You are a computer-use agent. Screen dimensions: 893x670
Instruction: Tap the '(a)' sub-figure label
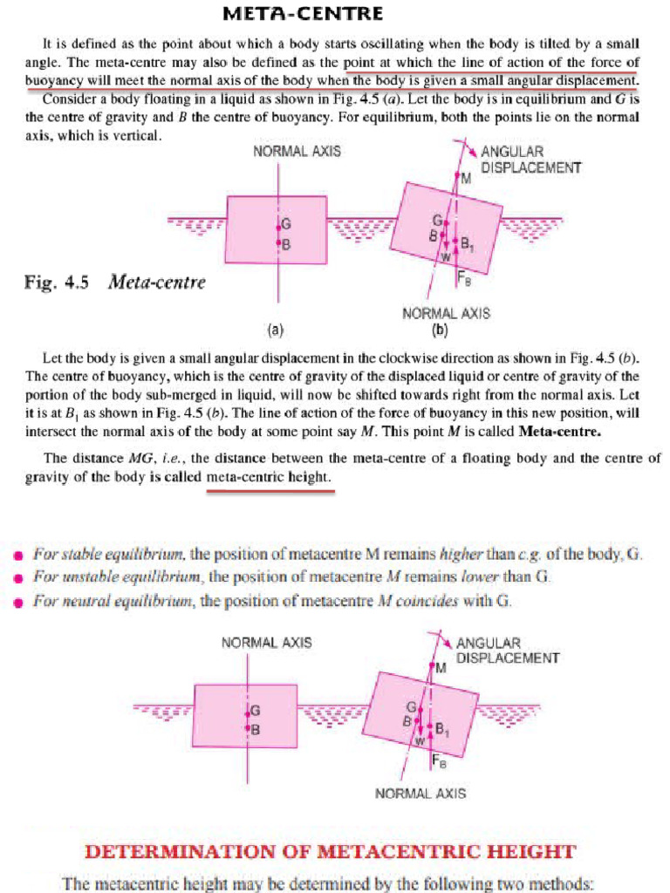point(276,331)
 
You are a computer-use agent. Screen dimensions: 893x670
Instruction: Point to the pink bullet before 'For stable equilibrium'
point(17,555)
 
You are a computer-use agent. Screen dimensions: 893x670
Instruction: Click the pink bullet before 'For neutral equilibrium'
point(17,601)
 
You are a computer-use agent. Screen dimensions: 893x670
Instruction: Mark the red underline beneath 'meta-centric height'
point(270,490)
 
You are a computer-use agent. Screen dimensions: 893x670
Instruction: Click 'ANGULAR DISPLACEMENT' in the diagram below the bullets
point(506,651)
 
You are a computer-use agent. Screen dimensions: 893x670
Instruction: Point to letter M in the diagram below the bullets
point(440,668)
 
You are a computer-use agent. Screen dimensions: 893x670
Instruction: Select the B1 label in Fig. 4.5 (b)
point(467,243)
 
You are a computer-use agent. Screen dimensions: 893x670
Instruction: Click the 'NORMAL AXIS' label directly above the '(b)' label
point(446,313)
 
